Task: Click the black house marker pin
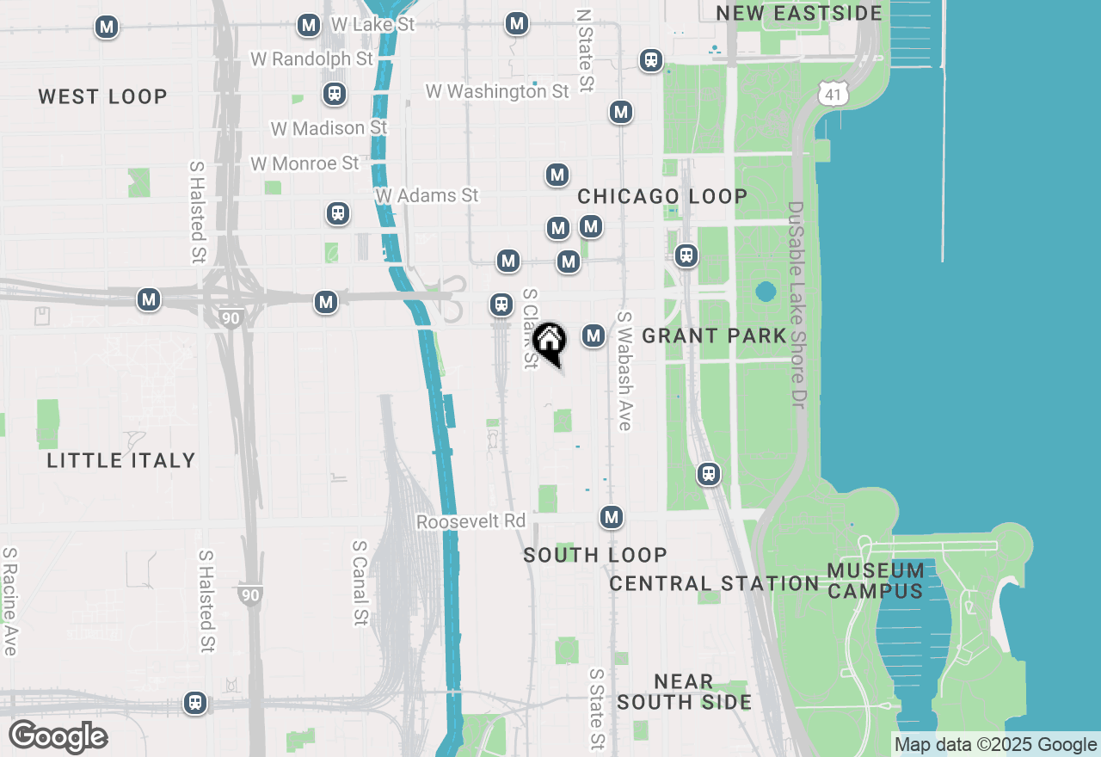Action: coord(549,342)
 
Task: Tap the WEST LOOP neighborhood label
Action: coord(102,96)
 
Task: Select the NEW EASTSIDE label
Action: coord(799,13)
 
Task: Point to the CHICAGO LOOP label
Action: coord(662,196)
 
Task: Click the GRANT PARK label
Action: coord(714,335)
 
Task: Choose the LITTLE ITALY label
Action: coord(121,460)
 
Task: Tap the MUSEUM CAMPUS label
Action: coord(876,581)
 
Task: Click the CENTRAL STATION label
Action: coord(714,583)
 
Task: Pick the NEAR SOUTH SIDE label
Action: coord(684,692)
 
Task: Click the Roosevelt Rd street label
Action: coord(471,521)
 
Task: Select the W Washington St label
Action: coord(497,90)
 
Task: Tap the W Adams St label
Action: coord(427,195)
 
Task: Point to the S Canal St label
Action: coord(360,583)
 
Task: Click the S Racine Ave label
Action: coord(10,601)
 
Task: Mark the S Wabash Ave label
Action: coord(624,370)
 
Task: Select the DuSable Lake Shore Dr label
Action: coord(797,305)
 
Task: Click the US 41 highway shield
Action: coord(832,94)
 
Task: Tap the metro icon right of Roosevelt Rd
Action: coord(611,517)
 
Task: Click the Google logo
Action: coord(58,737)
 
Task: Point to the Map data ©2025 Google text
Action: coord(995,745)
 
